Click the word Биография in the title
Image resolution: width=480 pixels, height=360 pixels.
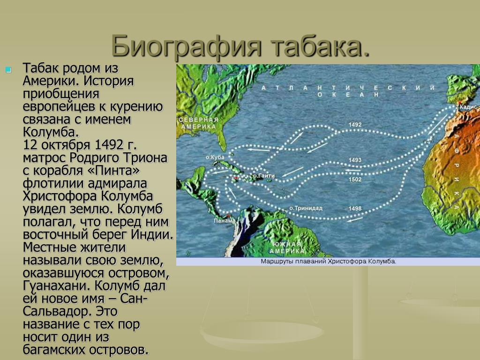coord(187,47)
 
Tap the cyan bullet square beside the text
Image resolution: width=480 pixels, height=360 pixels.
coord(8,70)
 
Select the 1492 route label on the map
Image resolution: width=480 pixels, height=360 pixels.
coord(355,125)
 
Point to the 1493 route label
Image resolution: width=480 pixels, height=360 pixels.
coord(355,160)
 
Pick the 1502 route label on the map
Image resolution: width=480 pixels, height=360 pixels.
coord(355,180)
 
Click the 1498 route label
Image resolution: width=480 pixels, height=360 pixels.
coord(355,209)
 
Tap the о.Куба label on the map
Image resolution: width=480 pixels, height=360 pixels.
coord(215,157)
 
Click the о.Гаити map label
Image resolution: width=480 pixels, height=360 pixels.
coord(263,176)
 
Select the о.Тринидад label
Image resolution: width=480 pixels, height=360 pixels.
coord(306,208)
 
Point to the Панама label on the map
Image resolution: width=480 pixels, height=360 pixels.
coord(225,221)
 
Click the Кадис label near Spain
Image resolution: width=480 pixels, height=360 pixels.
coord(469,107)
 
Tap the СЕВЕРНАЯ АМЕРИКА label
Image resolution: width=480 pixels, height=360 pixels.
coord(198,123)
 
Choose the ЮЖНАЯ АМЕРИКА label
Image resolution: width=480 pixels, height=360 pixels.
coord(286,247)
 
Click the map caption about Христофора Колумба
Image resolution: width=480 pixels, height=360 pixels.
coord(329,262)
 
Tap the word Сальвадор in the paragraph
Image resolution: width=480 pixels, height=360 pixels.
coord(57,312)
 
